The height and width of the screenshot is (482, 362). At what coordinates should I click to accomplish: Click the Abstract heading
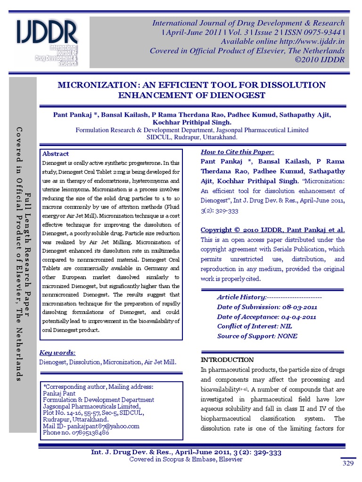[x=56, y=154]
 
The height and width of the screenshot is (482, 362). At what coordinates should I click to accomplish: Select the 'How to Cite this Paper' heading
[x=237, y=152]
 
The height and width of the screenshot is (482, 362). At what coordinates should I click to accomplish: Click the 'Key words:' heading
[x=58, y=353]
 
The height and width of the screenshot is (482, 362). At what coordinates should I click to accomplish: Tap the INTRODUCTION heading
[x=227, y=360]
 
